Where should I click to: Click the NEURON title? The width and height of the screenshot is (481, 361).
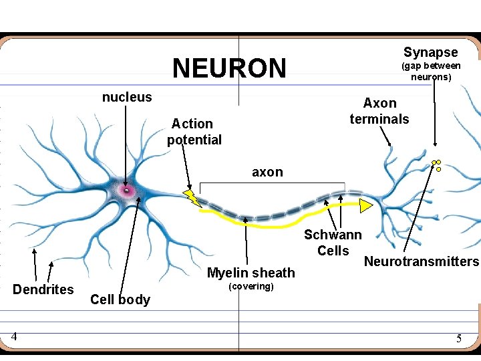coord(229,68)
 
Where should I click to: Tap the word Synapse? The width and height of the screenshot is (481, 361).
coord(430,52)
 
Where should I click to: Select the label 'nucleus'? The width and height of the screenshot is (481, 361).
coord(127,98)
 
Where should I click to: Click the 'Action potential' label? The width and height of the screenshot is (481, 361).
coord(194,132)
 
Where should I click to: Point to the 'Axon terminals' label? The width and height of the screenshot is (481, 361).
coord(379,111)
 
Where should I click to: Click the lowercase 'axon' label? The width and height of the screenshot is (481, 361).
coord(267,172)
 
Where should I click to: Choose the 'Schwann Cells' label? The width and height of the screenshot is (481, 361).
coord(333,243)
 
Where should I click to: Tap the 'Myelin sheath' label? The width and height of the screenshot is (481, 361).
coord(251,273)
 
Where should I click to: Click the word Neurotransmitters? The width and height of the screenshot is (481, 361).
coord(422,261)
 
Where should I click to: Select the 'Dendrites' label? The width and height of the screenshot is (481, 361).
coord(43,289)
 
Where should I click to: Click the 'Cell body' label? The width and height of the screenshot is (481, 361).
coord(120,299)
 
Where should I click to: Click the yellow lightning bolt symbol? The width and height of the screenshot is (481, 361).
coord(192,197)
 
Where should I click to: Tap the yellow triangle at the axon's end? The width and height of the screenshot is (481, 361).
coord(365,205)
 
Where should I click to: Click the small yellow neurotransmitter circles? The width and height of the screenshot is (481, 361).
coord(437,164)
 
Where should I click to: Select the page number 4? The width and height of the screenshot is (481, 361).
coord(13,337)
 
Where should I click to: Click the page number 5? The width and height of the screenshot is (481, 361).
coord(458,339)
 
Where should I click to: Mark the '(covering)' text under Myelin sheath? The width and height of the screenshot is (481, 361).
coord(251,287)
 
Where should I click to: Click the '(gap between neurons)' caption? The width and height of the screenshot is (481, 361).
coord(430,72)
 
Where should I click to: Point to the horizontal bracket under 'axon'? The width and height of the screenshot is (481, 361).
coord(272,183)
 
